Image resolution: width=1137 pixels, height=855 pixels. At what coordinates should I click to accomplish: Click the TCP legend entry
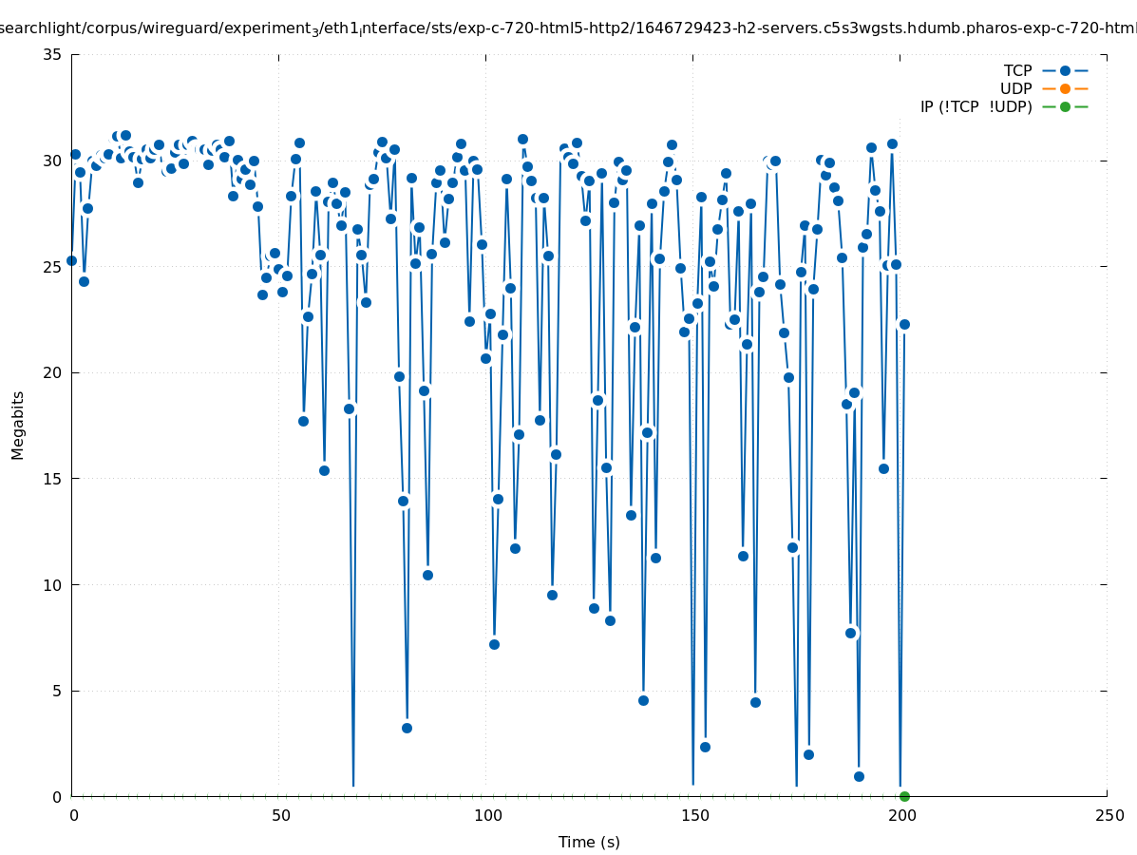coord(1017,70)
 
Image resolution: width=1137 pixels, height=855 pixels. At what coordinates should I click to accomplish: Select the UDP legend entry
coord(1015,88)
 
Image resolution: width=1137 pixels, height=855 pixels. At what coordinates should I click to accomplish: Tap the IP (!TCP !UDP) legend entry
coord(976,106)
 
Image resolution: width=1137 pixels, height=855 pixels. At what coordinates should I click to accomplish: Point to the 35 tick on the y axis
coord(53,54)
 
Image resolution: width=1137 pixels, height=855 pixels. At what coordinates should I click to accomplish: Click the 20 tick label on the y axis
coord(53,372)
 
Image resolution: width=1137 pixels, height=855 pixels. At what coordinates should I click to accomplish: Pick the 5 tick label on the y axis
coord(57,691)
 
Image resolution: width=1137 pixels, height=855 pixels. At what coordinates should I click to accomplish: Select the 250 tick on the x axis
coord(1108,815)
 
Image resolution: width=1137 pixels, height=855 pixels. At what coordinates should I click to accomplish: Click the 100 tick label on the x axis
coord(486,815)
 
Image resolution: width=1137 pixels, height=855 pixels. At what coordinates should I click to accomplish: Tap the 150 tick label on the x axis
coord(693,815)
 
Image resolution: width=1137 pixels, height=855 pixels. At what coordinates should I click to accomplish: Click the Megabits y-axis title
coord(18,425)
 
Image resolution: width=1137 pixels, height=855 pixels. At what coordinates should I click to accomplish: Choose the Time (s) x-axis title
coord(589,842)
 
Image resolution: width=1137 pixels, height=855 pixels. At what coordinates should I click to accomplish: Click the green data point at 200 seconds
coord(904,796)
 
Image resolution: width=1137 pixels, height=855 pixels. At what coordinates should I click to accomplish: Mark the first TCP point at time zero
coord(71,260)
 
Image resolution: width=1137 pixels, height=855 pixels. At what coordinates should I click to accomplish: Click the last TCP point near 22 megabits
coord(904,324)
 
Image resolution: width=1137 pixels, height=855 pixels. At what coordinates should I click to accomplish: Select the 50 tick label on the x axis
coord(279,815)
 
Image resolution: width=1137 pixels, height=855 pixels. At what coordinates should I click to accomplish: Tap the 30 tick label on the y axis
coord(53,161)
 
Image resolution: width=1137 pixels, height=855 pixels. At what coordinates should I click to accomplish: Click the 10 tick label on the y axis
coord(53,584)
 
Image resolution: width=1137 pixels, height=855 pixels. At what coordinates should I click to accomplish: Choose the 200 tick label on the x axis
coord(900,815)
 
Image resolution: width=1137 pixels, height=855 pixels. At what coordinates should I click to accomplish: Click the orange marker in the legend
coord(1065,88)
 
